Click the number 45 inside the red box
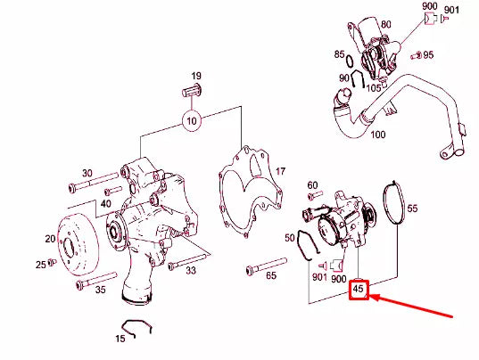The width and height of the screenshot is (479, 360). pyautogui.click(x=359, y=290)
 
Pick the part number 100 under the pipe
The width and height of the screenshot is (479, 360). pyautogui.click(x=377, y=135)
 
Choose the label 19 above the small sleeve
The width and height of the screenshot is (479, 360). pyautogui.click(x=195, y=77)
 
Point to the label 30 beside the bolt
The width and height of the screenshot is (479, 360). pyautogui.click(x=87, y=173)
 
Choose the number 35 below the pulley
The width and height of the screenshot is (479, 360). pyautogui.click(x=99, y=289)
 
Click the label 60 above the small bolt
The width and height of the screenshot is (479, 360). pyautogui.click(x=312, y=185)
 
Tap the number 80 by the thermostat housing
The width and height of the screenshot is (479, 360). pyautogui.click(x=385, y=24)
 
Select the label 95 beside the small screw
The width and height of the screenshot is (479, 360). pyautogui.click(x=428, y=55)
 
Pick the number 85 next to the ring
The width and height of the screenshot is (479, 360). pyautogui.click(x=339, y=54)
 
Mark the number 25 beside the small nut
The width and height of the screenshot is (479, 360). pyautogui.click(x=40, y=265)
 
